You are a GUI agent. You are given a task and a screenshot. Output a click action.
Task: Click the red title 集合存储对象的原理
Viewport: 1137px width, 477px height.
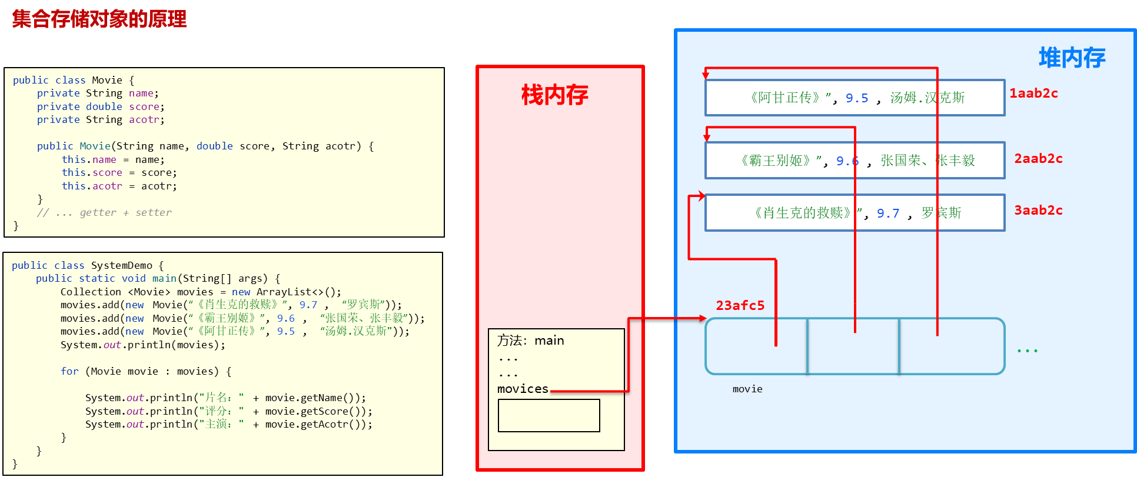tap(99, 19)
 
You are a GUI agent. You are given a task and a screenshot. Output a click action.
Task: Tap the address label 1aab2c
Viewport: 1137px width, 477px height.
tap(1033, 94)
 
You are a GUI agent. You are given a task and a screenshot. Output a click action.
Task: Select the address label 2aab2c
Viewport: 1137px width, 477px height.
tap(1038, 159)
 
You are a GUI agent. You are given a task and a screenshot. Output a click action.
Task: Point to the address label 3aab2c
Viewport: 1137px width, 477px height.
tap(1038, 211)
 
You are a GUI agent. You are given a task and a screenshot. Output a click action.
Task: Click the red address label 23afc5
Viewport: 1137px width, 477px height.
tap(740, 306)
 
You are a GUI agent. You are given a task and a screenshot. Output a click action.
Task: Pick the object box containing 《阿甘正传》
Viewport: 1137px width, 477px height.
tap(855, 98)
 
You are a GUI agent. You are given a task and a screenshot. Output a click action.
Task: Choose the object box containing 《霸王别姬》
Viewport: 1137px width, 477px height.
tap(855, 160)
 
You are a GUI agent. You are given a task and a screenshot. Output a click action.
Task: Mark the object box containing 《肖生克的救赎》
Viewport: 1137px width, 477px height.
tap(855, 213)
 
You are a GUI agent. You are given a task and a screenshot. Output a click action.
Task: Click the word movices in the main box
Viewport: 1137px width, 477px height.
tap(523, 389)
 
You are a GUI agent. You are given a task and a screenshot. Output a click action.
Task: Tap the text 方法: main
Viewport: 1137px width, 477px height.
tap(530, 341)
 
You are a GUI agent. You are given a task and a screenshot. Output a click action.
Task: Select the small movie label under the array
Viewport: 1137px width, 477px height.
tap(747, 389)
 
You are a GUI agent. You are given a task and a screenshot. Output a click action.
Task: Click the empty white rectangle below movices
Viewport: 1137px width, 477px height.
tap(548, 415)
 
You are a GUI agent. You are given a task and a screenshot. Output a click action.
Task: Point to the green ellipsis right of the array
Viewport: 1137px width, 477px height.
tap(1027, 351)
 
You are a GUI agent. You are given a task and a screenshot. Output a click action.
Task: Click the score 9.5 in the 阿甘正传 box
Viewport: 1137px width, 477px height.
tap(857, 98)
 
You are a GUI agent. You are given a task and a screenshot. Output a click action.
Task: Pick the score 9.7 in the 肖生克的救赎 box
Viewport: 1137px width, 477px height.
tap(888, 214)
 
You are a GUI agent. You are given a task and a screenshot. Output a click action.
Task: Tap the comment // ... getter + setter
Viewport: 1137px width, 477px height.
tap(104, 212)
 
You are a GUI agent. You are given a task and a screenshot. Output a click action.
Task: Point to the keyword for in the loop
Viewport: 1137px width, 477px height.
tap(69, 371)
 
